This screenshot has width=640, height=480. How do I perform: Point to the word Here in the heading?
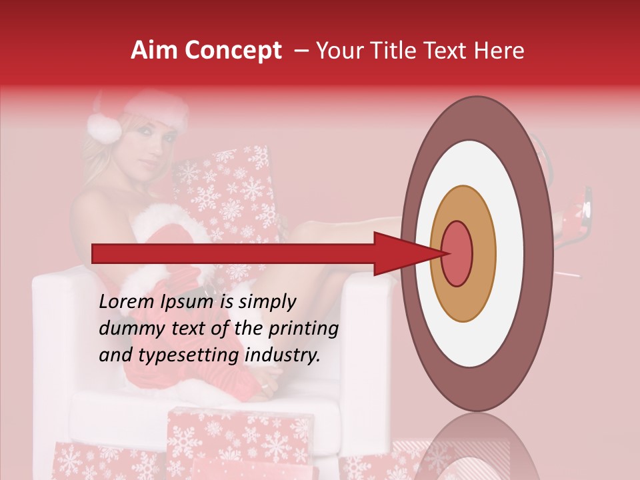click(x=499, y=51)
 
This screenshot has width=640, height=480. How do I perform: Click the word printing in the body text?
click(x=302, y=329)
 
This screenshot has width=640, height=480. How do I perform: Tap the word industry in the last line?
click(x=283, y=355)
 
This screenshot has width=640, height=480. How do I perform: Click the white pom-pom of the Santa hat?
click(x=103, y=127)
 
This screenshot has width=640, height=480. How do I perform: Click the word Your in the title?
click(x=339, y=51)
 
